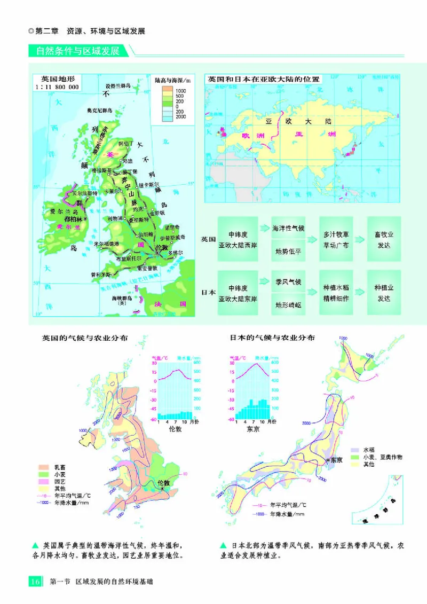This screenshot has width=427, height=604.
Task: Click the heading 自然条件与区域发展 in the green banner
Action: [78, 52]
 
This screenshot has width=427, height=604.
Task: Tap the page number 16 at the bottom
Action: [35, 582]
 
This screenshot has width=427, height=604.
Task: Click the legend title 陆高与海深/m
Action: [172, 79]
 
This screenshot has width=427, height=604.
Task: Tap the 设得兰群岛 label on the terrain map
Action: [117, 85]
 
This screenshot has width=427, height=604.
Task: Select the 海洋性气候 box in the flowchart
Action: [288, 229]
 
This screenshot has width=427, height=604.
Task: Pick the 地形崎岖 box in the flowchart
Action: [288, 305]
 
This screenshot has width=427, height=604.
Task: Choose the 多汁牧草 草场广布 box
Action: [336, 240]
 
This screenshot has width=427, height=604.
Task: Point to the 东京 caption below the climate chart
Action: [253, 428]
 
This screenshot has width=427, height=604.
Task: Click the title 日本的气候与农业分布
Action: [272, 338]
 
